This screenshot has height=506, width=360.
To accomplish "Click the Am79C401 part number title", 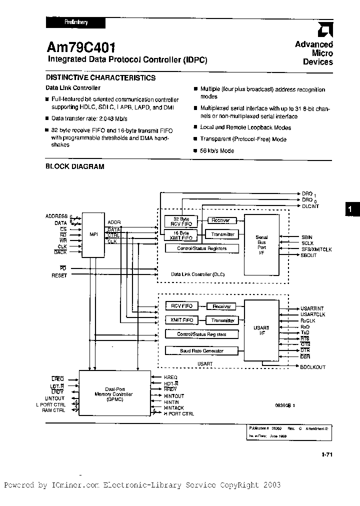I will coord(81,47).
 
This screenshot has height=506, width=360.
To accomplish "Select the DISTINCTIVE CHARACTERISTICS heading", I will coord(100,77).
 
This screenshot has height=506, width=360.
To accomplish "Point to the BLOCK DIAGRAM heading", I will coord(75,166).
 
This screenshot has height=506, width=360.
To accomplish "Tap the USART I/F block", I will coord(261,330).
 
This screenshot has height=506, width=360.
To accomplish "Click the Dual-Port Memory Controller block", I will coord(114,392).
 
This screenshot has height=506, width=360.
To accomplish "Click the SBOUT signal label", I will coord(308,255).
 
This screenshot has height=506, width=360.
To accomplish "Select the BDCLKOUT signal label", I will coord(312,367).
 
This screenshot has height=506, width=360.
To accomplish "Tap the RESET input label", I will coord(59,275).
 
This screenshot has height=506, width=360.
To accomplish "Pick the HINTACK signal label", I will coord(174,408).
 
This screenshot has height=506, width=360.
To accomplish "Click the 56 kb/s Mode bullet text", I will coord(217,150).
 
